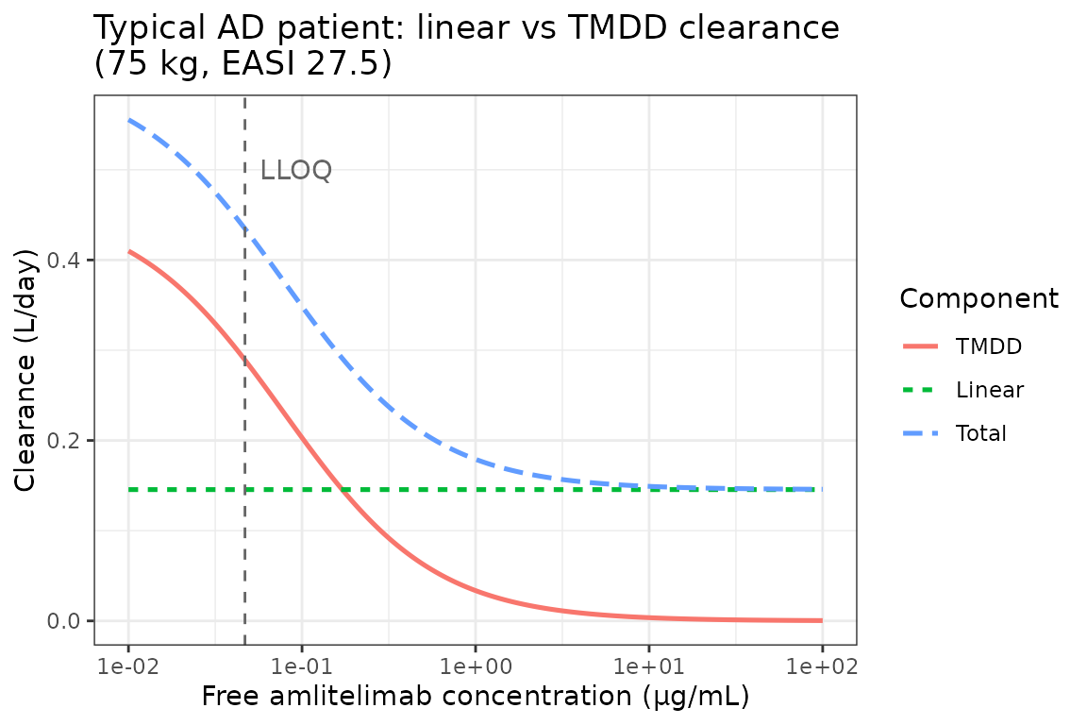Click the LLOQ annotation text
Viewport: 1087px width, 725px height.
[295, 171]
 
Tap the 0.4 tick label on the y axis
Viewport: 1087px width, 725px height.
[65, 261]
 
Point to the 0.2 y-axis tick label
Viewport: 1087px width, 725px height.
[65, 441]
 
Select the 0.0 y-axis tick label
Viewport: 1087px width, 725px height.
[65, 621]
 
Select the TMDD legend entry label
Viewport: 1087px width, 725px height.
[988, 346]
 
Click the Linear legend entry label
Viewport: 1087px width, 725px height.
[989, 390]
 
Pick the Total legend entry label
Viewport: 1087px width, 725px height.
[980, 433]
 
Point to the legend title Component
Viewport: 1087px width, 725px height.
[978, 299]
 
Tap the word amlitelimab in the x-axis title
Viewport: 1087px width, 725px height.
[361, 698]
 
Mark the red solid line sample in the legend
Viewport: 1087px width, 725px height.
[921, 346]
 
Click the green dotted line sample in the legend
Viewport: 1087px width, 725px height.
[921, 390]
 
